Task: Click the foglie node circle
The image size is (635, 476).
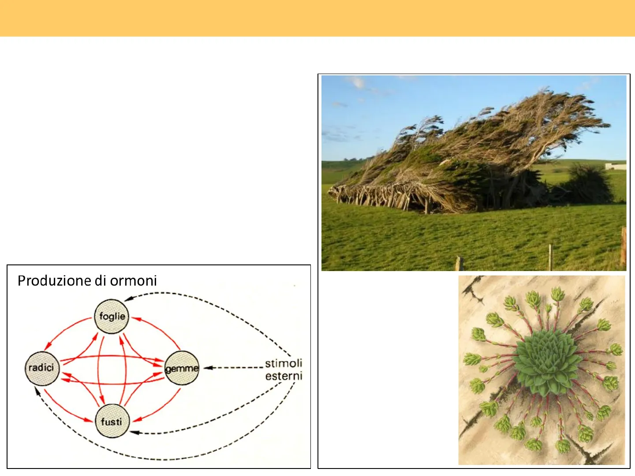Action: (x=112, y=316)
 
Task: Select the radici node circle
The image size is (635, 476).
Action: (x=42, y=368)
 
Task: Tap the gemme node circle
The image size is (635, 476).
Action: (x=182, y=368)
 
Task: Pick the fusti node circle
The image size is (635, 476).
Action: (x=112, y=421)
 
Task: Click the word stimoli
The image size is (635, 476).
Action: (x=284, y=363)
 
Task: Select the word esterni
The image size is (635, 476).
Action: (x=284, y=376)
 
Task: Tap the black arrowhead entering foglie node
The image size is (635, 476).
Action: (x=128, y=298)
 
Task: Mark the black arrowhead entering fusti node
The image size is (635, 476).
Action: (x=134, y=432)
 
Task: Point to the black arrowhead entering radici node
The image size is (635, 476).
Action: (x=37, y=391)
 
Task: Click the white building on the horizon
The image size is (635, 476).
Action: (x=616, y=166)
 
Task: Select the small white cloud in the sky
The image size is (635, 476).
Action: (x=358, y=83)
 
